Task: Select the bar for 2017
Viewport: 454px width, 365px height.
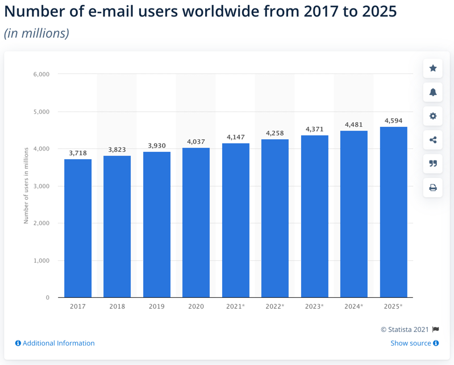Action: pos(78,229)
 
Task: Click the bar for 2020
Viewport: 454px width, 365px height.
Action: pos(196,222)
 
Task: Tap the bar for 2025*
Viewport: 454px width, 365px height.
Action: pos(394,212)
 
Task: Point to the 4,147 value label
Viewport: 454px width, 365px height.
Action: pos(236,137)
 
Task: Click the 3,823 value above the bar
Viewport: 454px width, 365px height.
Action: pos(117,150)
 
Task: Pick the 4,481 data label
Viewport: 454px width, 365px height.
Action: pos(354,125)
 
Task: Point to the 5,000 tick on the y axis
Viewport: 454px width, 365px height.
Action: pos(41,111)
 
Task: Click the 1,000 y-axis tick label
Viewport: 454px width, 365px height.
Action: pos(41,260)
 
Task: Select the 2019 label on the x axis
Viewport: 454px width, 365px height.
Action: pos(157,306)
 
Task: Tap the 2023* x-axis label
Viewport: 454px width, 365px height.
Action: pos(314,306)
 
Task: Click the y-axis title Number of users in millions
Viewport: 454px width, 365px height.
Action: pos(26,186)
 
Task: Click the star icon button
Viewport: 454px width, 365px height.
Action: pos(433,68)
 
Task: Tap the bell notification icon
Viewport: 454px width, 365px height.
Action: pos(433,92)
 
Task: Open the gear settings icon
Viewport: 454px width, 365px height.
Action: pos(433,116)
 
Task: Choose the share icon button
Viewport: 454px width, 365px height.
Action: pos(433,140)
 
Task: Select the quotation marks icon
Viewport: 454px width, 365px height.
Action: pos(433,164)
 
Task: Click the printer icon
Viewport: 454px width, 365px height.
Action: pos(433,188)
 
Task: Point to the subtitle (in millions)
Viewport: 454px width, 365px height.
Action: pos(36,34)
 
